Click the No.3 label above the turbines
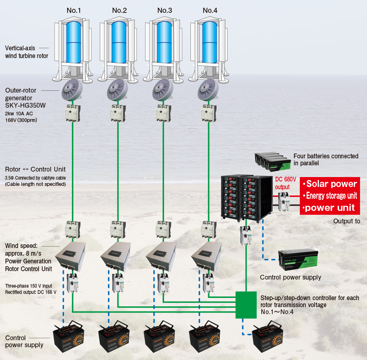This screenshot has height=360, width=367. click(164, 10)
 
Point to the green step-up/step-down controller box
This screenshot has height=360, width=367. click(246, 305)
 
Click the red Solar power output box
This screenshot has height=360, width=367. click(329, 196)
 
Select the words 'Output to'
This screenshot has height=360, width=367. click(347, 221)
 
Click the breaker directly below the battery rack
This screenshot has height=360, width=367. click(245, 235)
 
